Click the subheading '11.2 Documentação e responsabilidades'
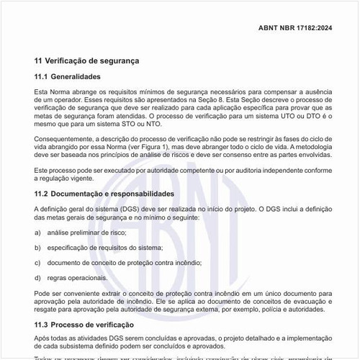tap(104, 194)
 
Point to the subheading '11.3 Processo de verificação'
tap(83, 325)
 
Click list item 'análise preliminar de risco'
tap(86, 233)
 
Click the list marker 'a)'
tap(37, 233)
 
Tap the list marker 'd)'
tap(37, 276)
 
